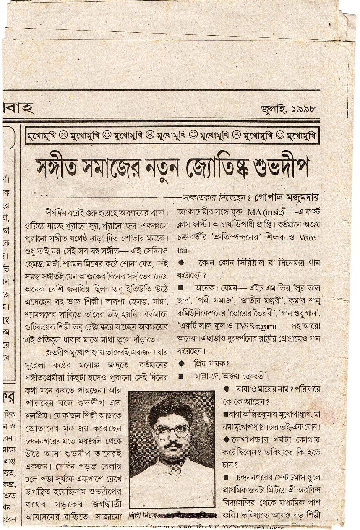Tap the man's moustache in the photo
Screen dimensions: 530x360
(x=172, y=444)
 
